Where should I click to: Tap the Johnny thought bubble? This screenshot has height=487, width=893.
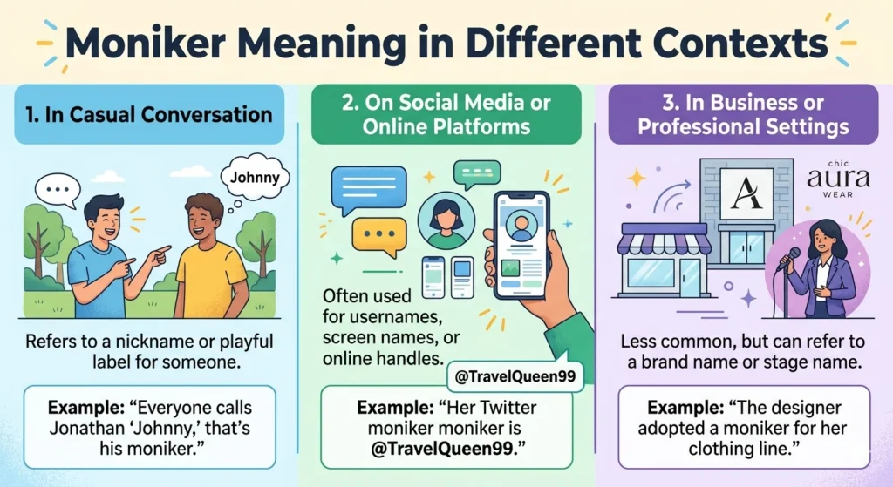255,177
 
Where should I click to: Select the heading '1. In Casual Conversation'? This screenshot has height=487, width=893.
148,114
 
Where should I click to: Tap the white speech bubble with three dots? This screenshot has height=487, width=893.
58,190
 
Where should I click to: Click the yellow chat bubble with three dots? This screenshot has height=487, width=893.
378,235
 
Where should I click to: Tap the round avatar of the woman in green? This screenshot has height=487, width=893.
446,220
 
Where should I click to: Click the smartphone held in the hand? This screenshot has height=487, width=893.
521,245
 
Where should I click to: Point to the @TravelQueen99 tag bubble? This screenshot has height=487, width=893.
515,376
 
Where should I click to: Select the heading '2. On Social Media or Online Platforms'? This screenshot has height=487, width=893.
446,114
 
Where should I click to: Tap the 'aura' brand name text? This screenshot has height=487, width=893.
838,179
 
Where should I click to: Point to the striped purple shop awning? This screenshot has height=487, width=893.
664,239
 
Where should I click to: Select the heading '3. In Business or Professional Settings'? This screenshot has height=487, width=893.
743,114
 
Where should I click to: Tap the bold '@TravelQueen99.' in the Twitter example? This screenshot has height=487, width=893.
447,449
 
